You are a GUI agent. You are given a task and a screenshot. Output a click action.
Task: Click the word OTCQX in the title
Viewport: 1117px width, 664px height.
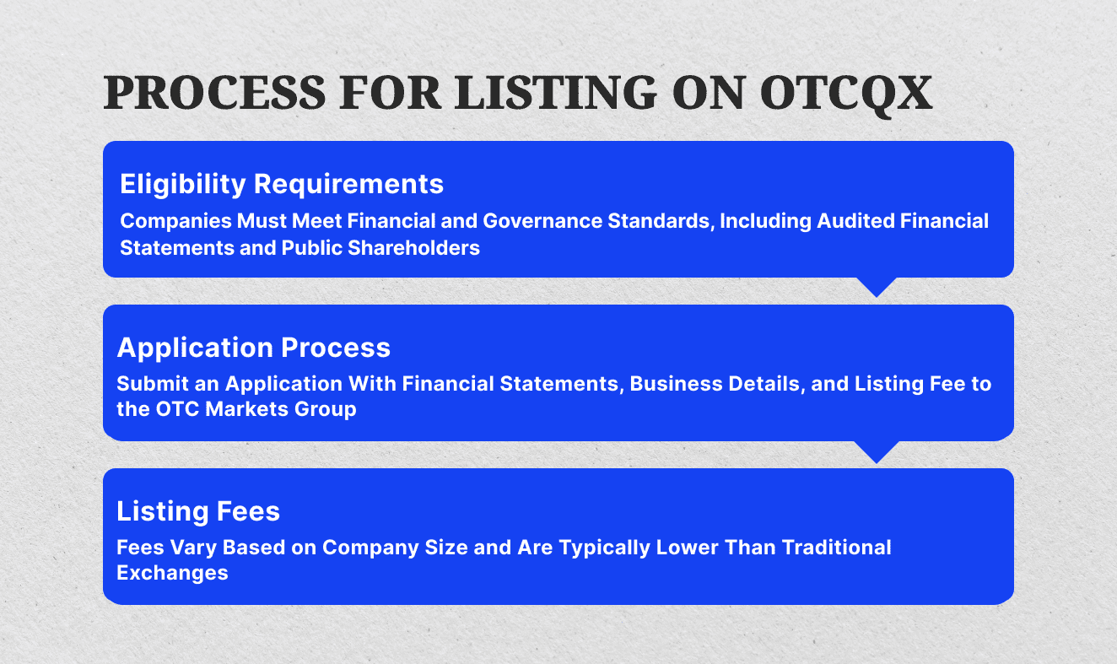tap(846, 93)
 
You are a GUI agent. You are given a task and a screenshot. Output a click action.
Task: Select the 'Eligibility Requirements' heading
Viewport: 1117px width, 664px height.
tap(282, 183)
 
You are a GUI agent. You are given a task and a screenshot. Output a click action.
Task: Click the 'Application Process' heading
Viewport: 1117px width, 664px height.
tap(253, 348)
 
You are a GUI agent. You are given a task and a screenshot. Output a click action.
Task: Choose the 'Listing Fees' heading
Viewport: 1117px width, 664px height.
tap(198, 511)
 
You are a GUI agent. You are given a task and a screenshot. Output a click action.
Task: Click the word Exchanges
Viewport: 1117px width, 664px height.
tap(172, 574)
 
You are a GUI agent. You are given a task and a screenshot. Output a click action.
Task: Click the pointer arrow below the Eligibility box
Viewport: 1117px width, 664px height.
tap(877, 286)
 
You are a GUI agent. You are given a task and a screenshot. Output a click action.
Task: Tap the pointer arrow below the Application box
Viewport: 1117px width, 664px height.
tap(877, 451)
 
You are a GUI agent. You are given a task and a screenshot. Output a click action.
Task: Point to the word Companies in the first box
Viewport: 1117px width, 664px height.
tap(168, 221)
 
